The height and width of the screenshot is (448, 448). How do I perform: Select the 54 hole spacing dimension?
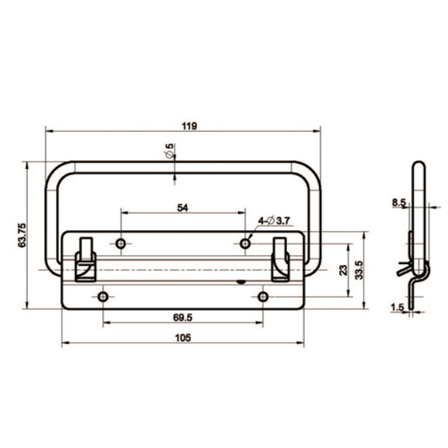pos(183,207)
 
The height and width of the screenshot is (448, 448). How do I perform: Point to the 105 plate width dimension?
pos(183,337)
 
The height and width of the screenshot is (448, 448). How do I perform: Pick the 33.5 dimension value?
pos(358,270)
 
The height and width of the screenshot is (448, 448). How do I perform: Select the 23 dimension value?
pos(342,270)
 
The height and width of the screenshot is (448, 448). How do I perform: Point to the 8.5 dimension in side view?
pos(398,203)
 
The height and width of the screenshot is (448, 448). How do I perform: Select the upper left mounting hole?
pos(121,243)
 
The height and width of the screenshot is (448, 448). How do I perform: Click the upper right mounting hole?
pos(245,243)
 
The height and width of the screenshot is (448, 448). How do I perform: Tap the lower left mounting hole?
pos(103,297)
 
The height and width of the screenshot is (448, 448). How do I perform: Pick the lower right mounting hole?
pos(263,297)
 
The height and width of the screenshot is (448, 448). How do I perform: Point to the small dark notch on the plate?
pos(241,281)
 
